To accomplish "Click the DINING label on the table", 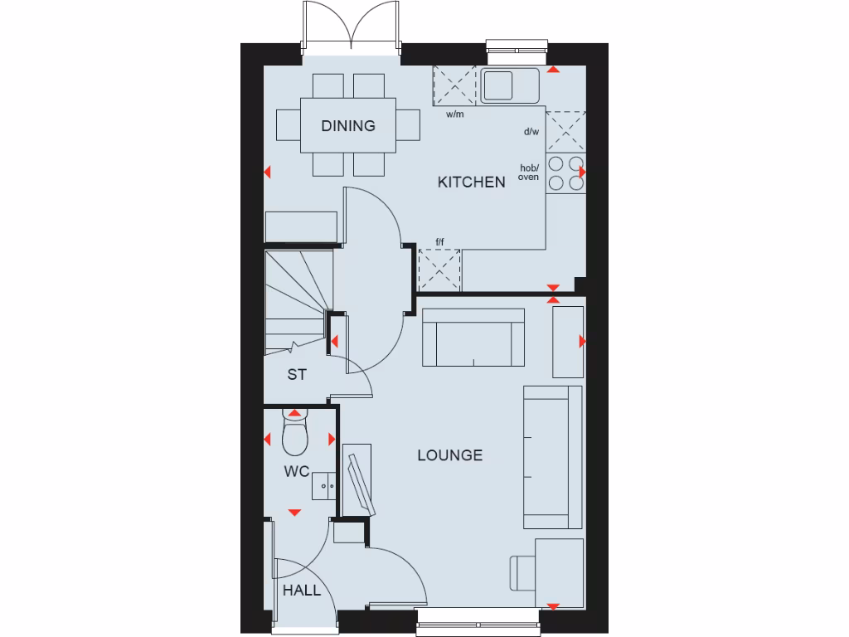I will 348,126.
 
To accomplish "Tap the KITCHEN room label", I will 471,182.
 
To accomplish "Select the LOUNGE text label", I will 449,455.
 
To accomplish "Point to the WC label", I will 297,472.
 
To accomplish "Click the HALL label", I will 301,591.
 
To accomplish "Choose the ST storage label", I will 297,375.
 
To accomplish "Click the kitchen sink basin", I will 498,85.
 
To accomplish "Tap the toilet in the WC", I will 294,435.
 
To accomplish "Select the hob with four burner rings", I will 565,173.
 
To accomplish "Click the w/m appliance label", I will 454,114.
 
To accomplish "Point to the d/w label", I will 531,132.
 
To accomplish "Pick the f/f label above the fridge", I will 440,242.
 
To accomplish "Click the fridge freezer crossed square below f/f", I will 439,270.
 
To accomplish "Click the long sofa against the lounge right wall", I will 552,456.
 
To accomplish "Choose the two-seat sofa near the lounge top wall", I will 473,338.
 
